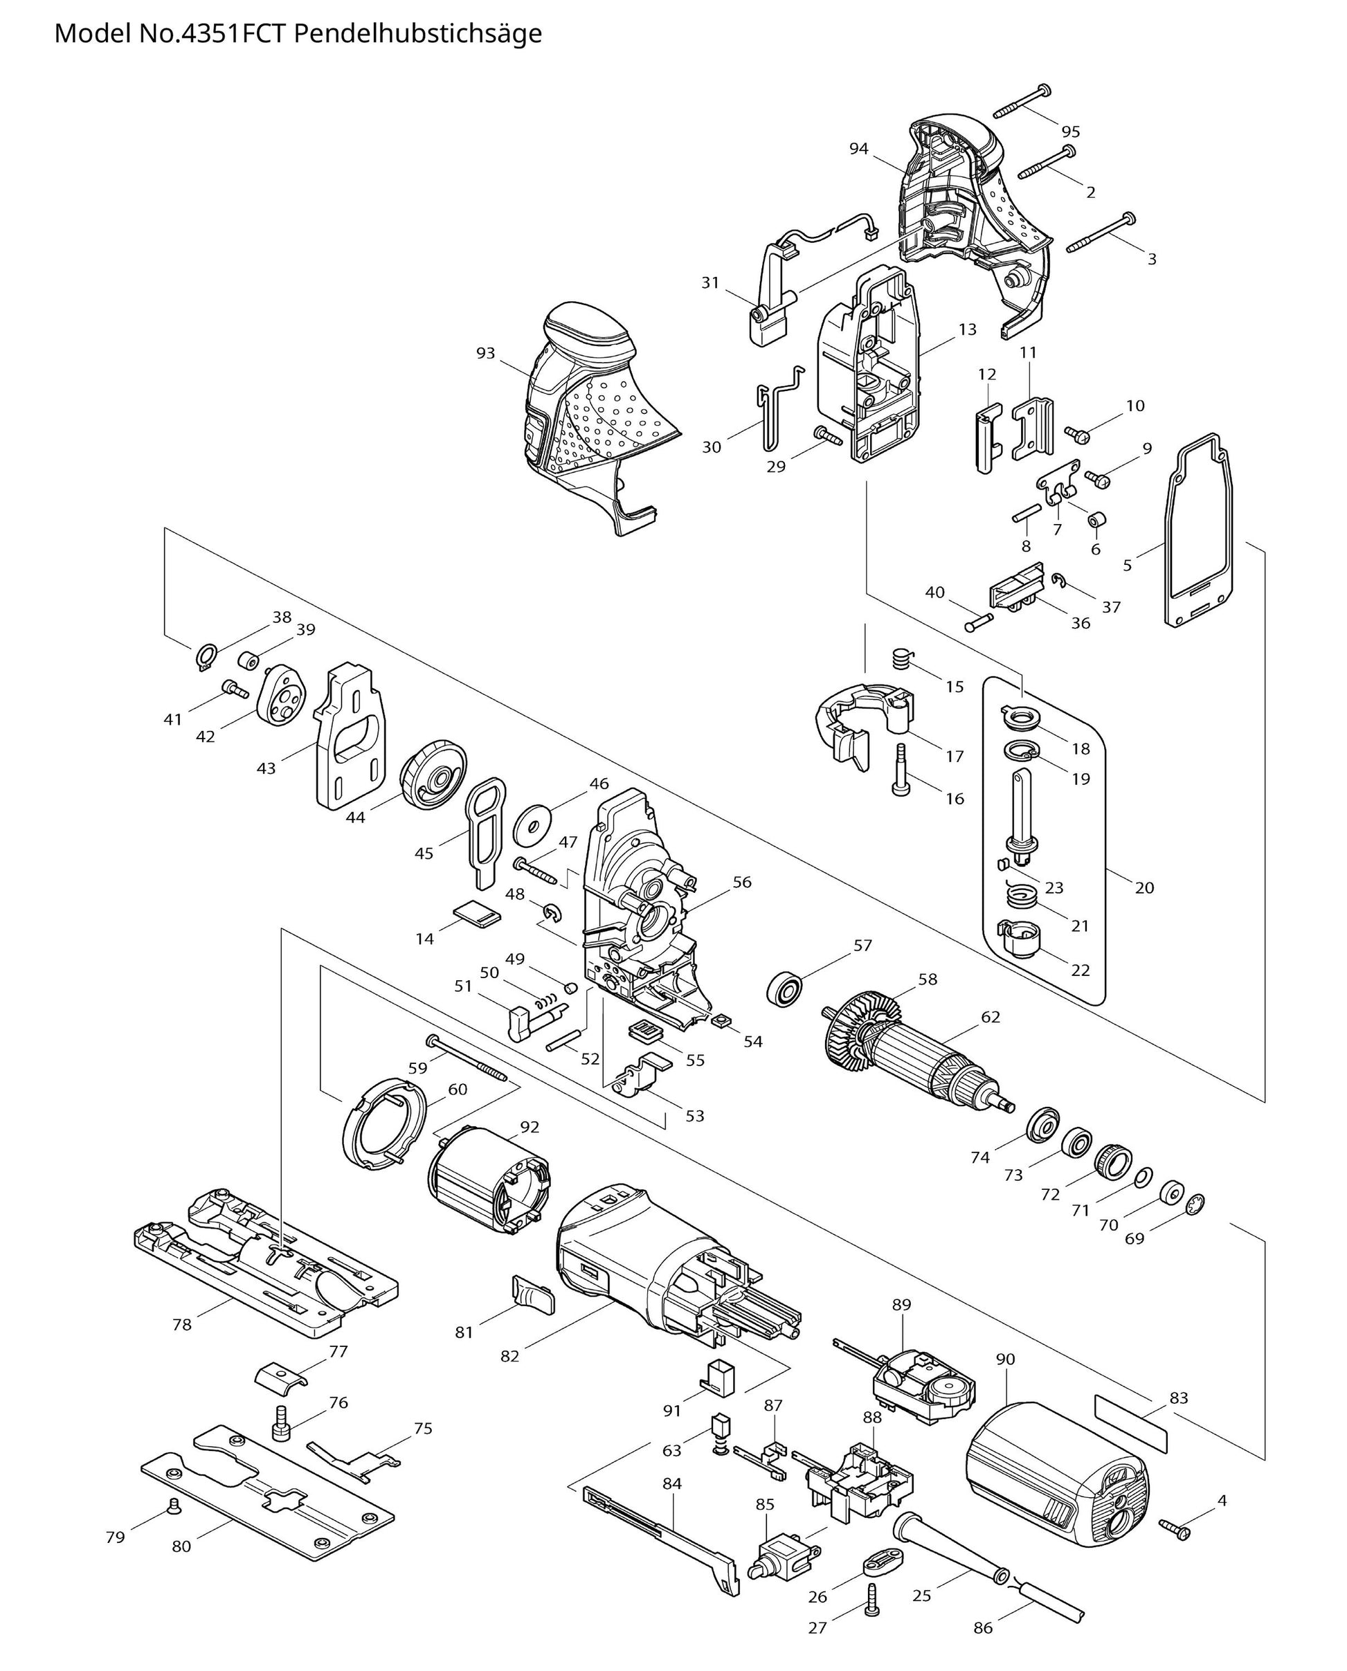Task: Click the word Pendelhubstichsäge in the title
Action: [x=418, y=34]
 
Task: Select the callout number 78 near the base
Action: [x=181, y=1324]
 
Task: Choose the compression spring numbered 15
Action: [x=900, y=660]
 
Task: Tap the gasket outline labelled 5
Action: [x=1198, y=543]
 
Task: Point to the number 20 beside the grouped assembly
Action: [x=1144, y=887]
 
